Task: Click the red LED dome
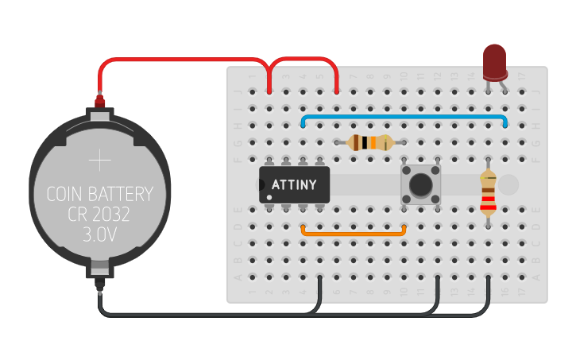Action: [x=495, y=60]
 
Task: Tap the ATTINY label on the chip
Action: [x=295, y=185]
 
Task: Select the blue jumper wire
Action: [x=404, y=117]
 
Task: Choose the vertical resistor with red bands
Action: [x=488, y=195]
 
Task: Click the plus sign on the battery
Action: [x=100, y=161]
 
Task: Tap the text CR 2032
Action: [x=99, y=215]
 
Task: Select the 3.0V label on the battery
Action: [x=99, y=235]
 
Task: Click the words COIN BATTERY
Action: [x=99, y=194]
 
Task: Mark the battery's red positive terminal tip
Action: [x=100, y=102]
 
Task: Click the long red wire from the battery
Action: [x=175, y=61]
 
